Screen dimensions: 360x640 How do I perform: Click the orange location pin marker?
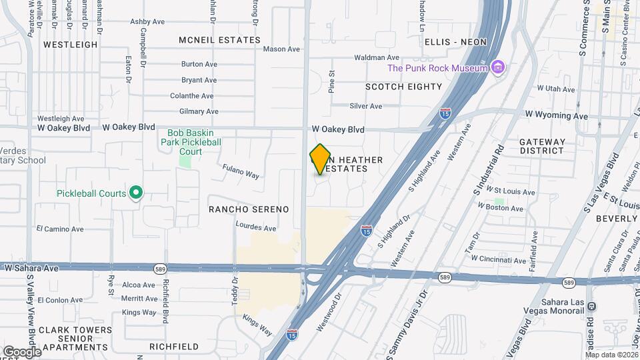(321, 159)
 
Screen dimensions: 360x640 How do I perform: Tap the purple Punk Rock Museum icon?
(497, 67)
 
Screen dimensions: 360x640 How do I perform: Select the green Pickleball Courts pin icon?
(137, 193)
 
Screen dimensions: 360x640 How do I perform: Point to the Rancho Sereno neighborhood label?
(249, 209)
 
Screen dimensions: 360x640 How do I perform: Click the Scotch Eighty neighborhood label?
(403, 87)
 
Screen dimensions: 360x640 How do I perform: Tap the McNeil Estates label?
(219, 40)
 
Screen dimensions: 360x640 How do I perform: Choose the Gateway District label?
(542, 146)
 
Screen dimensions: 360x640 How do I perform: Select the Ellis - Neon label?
(455, 42)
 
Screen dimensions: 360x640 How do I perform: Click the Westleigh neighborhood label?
(70, 45)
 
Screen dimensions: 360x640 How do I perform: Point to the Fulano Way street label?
(241, 171)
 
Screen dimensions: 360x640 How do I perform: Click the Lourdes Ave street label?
(256, 228)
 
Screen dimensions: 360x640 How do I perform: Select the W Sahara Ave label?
(31, 267)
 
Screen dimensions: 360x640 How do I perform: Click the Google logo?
(21, 351)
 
